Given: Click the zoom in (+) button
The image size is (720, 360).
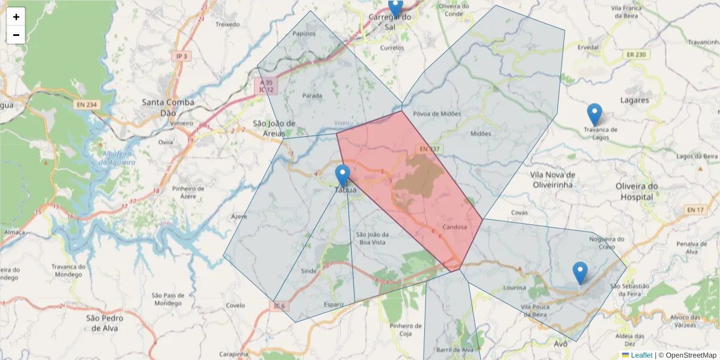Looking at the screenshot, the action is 16,17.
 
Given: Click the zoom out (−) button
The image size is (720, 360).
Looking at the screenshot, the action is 16,35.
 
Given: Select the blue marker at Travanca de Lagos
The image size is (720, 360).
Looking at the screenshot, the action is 594,115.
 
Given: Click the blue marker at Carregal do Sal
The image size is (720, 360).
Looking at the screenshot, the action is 395,8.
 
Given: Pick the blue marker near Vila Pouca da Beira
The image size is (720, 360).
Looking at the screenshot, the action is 580,273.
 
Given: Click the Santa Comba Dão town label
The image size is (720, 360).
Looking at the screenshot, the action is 168,107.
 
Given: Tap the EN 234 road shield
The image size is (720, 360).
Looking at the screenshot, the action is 86,104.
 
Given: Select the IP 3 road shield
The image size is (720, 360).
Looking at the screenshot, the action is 181,56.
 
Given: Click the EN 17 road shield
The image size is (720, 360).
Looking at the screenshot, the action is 694,209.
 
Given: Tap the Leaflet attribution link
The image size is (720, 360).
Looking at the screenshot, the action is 641,355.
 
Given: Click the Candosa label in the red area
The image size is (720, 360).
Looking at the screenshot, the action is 454,227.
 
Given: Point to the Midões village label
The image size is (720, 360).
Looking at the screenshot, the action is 481,134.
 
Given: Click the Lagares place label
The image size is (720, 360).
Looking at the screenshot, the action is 635,100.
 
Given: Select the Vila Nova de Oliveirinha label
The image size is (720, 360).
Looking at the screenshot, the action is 553,179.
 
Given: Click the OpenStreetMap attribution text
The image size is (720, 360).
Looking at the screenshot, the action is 691,355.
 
